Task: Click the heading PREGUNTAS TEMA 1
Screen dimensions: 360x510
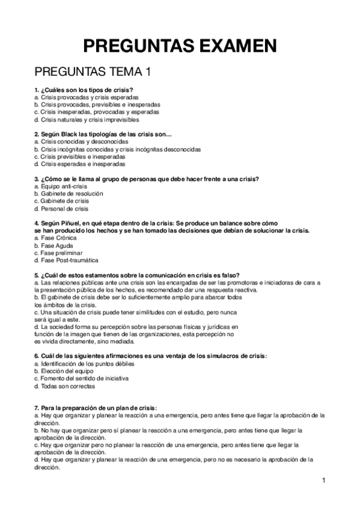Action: click(x=93, y=72)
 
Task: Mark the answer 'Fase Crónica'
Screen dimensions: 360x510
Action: click(x=56, y=238)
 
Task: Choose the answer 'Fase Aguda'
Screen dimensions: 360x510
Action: click(x=54, y=245)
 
